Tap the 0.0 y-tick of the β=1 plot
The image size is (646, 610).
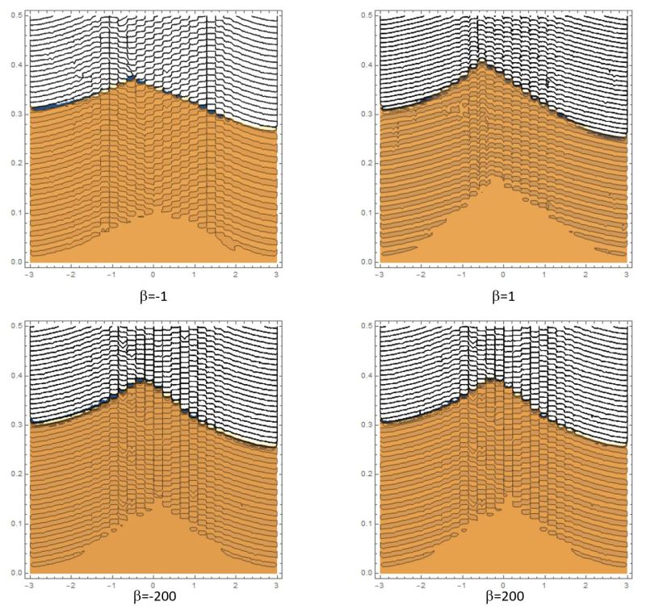point(364,261)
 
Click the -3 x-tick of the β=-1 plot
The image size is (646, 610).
point(28,275)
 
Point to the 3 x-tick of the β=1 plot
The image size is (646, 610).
point(627,275)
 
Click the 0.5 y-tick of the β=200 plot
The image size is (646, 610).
point(364,325)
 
